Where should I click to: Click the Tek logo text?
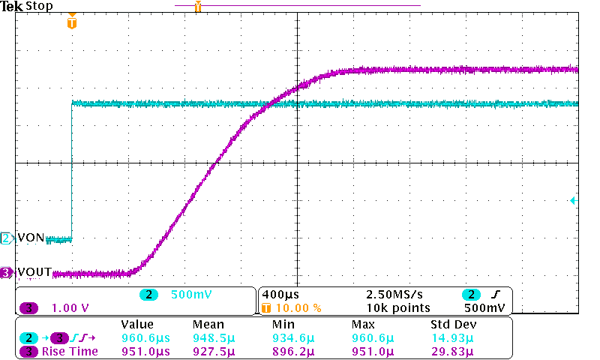coord(12,6)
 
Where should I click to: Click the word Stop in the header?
coord(39,6)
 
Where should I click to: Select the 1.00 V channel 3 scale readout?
coord(70,307)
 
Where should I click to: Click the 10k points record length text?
coord(399,307)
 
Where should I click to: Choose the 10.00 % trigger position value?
coord(299,307)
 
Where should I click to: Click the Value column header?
coord(137,325)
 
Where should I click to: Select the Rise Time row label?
coord(70,351)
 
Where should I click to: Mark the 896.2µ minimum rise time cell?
coord(295,351)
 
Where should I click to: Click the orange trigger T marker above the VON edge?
coord(71,23)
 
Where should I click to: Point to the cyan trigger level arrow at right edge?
coord(572,201)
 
